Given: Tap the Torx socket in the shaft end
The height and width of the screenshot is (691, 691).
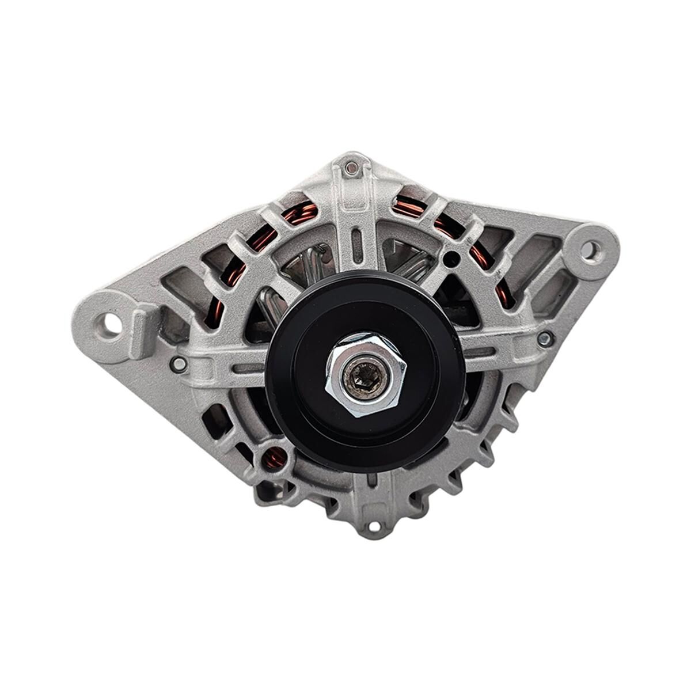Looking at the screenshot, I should click(x=365, y=377).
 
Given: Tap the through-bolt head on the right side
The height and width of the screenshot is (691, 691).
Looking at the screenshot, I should click(x=544, y=339).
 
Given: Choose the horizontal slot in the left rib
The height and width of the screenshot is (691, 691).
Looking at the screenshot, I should click(x=248, y=368).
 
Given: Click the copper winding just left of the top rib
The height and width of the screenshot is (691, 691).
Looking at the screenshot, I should click(x=300, y=213).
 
